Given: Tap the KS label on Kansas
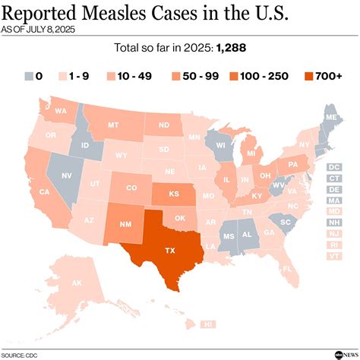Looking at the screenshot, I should point(174,194).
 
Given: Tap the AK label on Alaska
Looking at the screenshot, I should point(55,283).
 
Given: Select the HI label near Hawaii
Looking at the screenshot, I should point(207,324).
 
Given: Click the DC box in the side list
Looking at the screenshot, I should point(333,166).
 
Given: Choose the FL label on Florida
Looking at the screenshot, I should point(287,269).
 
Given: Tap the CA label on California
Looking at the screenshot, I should point(44,192).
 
